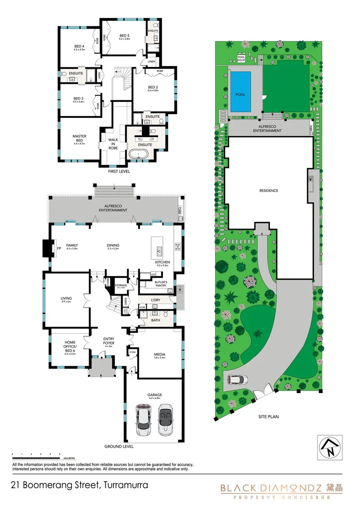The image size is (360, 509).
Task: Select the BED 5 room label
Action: pos(124,36)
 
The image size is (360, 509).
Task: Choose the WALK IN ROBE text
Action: pos(113,144)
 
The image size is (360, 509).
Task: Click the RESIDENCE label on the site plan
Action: pos(269,191)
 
